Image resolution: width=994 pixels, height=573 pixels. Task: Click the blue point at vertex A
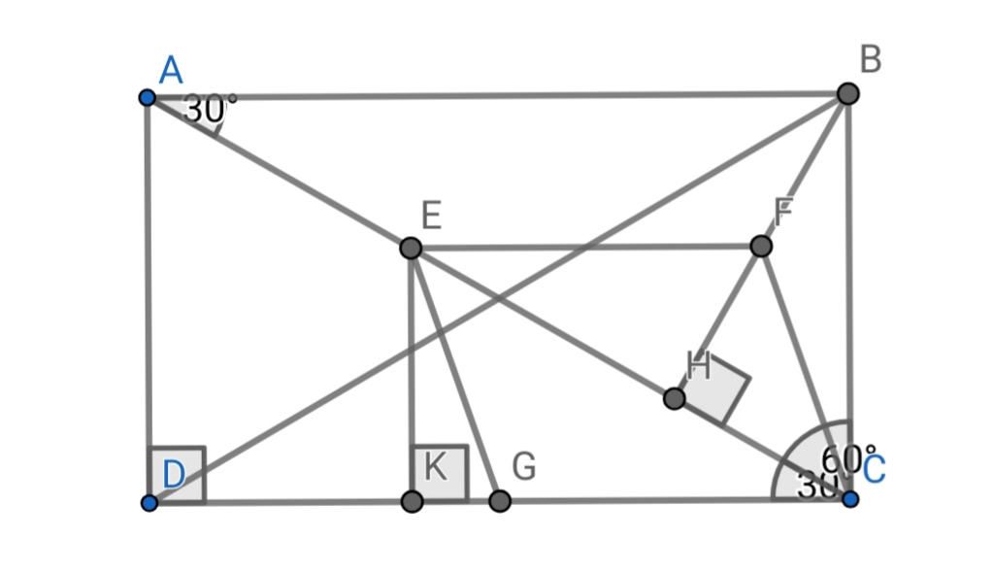(x=147, y=97)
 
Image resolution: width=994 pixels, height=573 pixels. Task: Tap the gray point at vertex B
(x=847, y=93)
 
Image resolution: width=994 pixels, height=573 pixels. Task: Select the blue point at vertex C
(x=850, y=499)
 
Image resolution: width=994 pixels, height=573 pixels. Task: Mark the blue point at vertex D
(x=149, y=502)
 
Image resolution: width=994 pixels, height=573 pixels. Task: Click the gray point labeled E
(x=411, y=248)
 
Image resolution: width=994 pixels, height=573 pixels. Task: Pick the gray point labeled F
(x=761, y=247)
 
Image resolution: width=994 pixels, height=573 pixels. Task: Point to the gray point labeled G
(x=499, y=501)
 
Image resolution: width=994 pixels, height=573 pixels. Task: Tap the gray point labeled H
(x=674, y=398)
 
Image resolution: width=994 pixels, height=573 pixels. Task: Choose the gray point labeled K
(x=412, y=501)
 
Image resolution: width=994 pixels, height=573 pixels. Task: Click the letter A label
(x=171, y=71)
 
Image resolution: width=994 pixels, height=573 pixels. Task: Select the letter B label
(x=870, y=60)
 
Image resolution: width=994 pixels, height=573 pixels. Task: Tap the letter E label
(x=432, y=215)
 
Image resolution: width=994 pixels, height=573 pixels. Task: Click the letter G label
(x=524, y=467)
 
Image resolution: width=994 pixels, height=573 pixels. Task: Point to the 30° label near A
(x=209, y=110)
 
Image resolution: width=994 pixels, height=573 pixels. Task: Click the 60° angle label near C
(x=841, y=457)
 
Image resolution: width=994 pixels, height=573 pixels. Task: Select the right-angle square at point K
(x=440, y=474)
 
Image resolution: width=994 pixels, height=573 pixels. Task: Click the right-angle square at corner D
(x=177, y=475)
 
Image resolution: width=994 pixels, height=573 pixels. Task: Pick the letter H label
(x=698, y=366)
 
